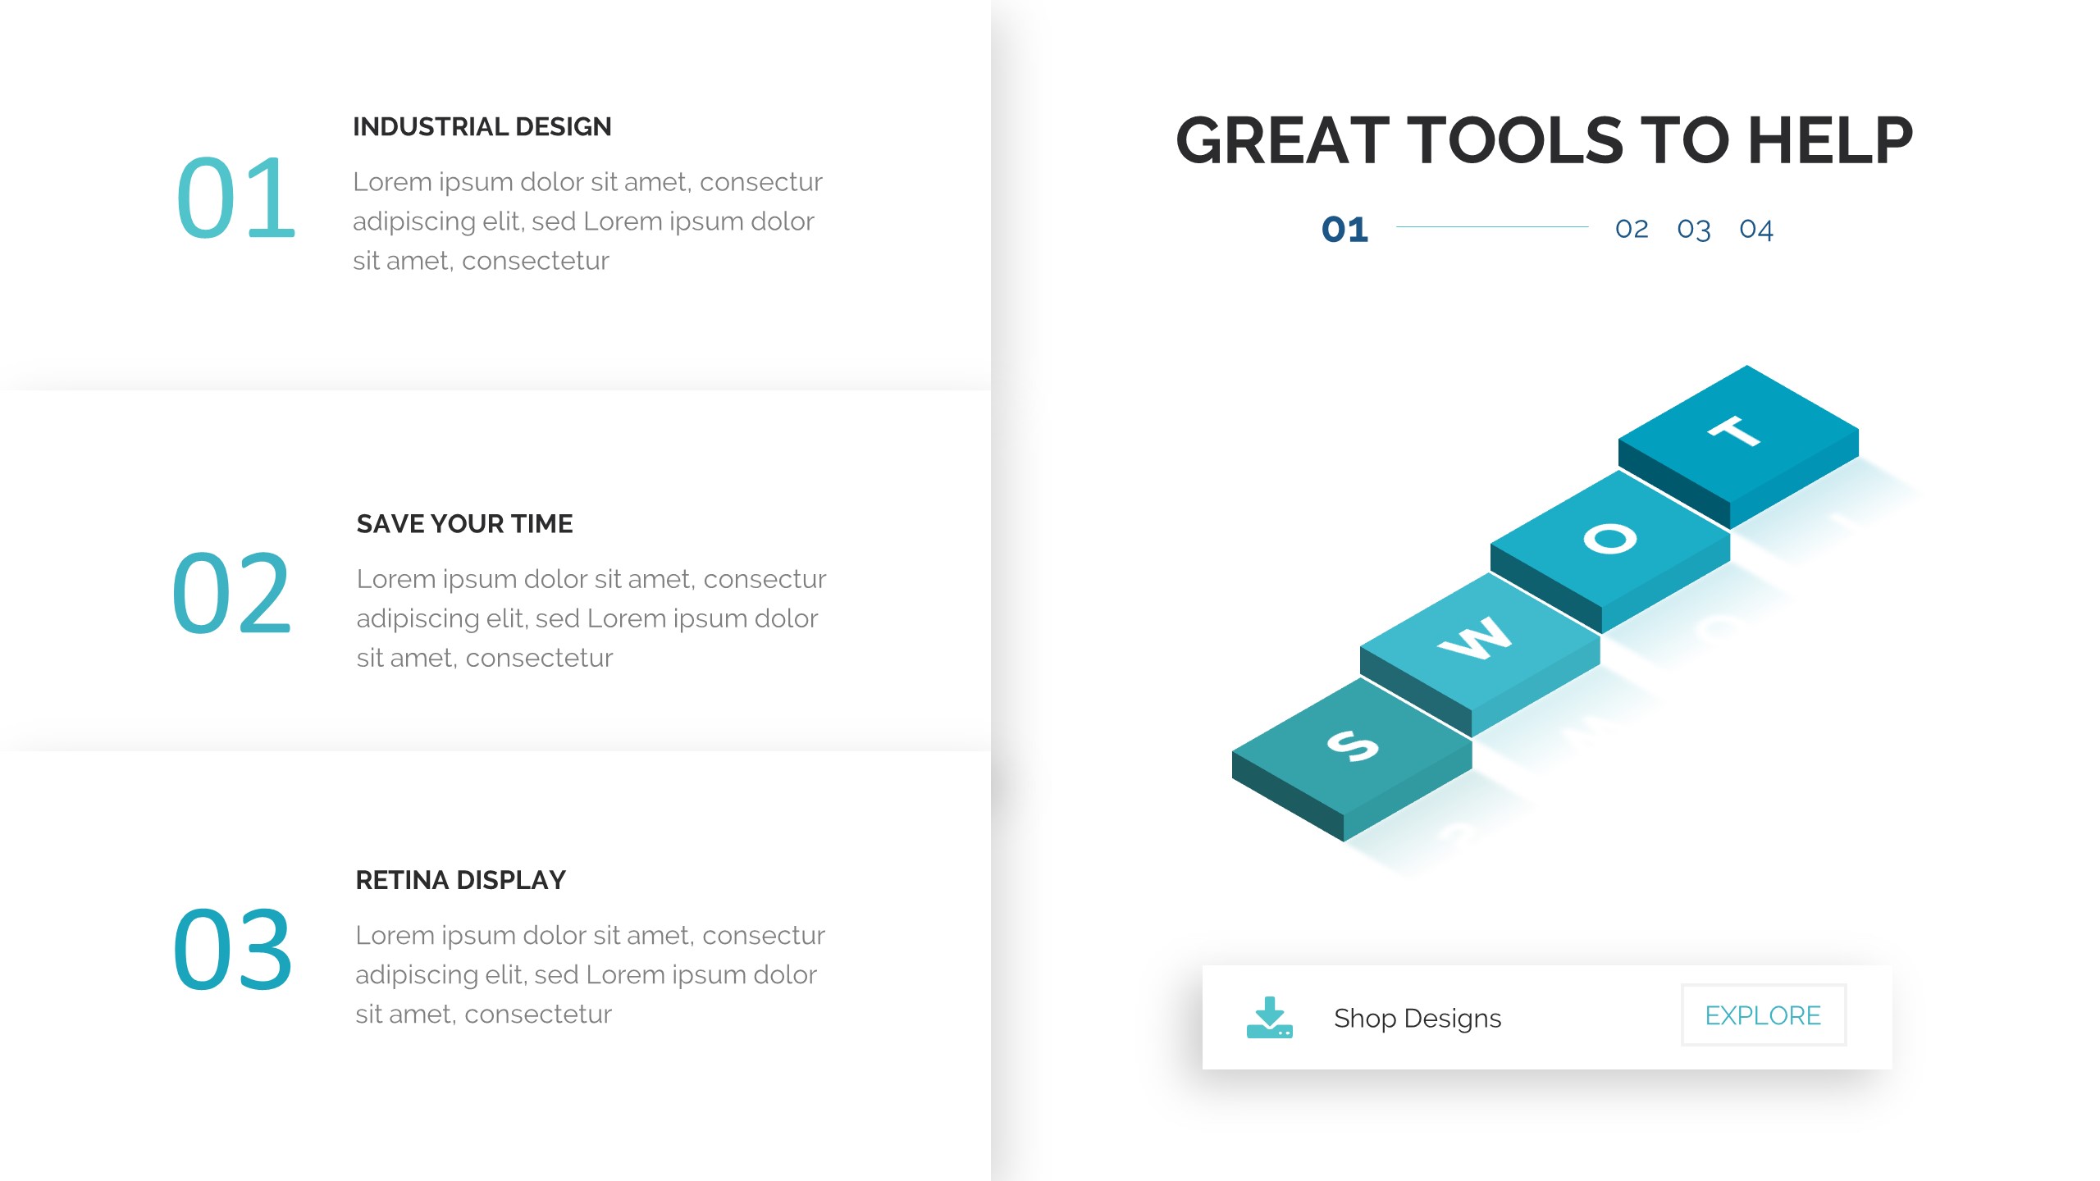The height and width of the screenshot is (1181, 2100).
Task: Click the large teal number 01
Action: click(x=236, y=198)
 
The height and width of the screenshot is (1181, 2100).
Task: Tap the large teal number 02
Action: click(x=232, y=593)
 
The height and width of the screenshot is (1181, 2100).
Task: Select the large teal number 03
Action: click(x=232, y=949)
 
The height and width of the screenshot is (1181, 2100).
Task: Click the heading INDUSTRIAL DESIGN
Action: click(x=482, y=127)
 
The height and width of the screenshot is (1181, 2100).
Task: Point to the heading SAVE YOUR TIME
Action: click(x=464, y=523)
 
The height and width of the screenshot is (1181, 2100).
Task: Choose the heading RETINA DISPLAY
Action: click(x=460, y=880)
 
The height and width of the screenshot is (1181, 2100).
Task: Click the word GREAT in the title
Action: click(x=1283, y=140)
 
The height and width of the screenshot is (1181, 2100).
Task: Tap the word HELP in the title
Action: click(x=1830, y=140)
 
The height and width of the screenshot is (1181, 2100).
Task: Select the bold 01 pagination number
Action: click(x=1345, y=230)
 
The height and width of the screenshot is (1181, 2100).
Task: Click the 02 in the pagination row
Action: click(x=1632, y=229)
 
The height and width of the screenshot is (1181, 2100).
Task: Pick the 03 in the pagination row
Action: click(x=1694, y=230)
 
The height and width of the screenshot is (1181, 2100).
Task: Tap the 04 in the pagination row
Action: click(x=1756, y=230)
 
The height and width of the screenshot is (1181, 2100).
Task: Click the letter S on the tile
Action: click(x=1353, y=746)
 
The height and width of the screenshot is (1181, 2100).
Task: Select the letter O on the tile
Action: click(x=1610, y=539)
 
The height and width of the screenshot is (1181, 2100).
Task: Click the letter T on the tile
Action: click(x=1735, y=431)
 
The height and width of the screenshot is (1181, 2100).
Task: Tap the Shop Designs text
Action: click(x=1417, y=1019)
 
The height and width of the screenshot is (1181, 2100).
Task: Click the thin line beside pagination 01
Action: click(x=1492, y=227)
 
